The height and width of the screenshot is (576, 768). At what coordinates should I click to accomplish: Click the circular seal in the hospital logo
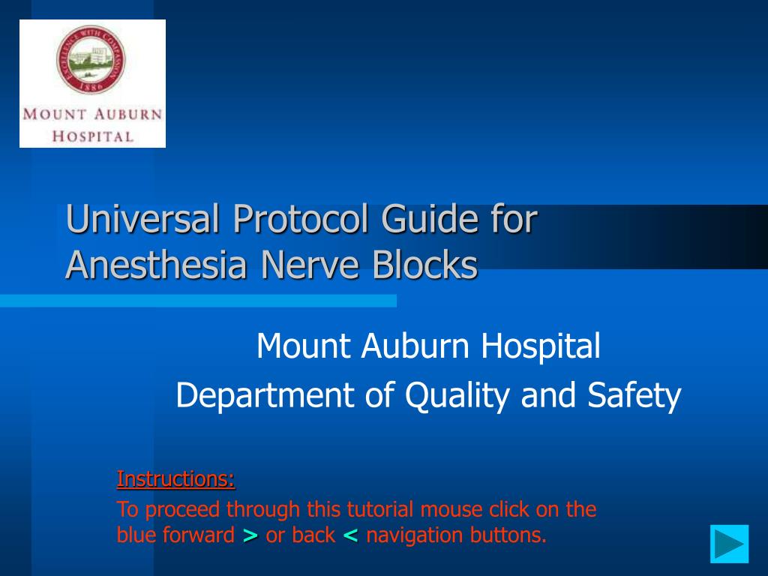pyautogui.click(x=91, y=59)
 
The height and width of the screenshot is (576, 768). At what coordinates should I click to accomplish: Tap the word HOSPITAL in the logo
pyautogui.click(x=93, y=136)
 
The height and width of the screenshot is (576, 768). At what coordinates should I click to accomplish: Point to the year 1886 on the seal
pyautogui.click(x=91, y=86)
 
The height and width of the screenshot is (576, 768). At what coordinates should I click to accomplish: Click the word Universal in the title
pyautogui.click(x=142, y=218)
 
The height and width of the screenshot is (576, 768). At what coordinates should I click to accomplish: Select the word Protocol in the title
pyautogui.click(x=301, y=220)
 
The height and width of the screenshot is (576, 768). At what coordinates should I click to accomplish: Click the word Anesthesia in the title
pyautogui.click(x=156, y=265)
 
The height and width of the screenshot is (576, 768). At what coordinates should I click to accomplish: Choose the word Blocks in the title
pyautogui.click(x=425, y=265)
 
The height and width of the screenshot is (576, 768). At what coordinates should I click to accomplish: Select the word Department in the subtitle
pyautogui.click(x=265, y=395)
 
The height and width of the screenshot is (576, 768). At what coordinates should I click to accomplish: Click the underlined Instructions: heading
pyautogui.click(x=175, y=479)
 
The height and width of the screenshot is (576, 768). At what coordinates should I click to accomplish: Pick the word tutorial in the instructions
pyautogui.click(x=380, y=509)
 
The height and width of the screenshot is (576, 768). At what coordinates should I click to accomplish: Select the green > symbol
pyautogui.click(x=250, y=535)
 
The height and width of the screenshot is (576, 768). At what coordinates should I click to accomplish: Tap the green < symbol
pyautogui.click(x=351, y=535)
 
